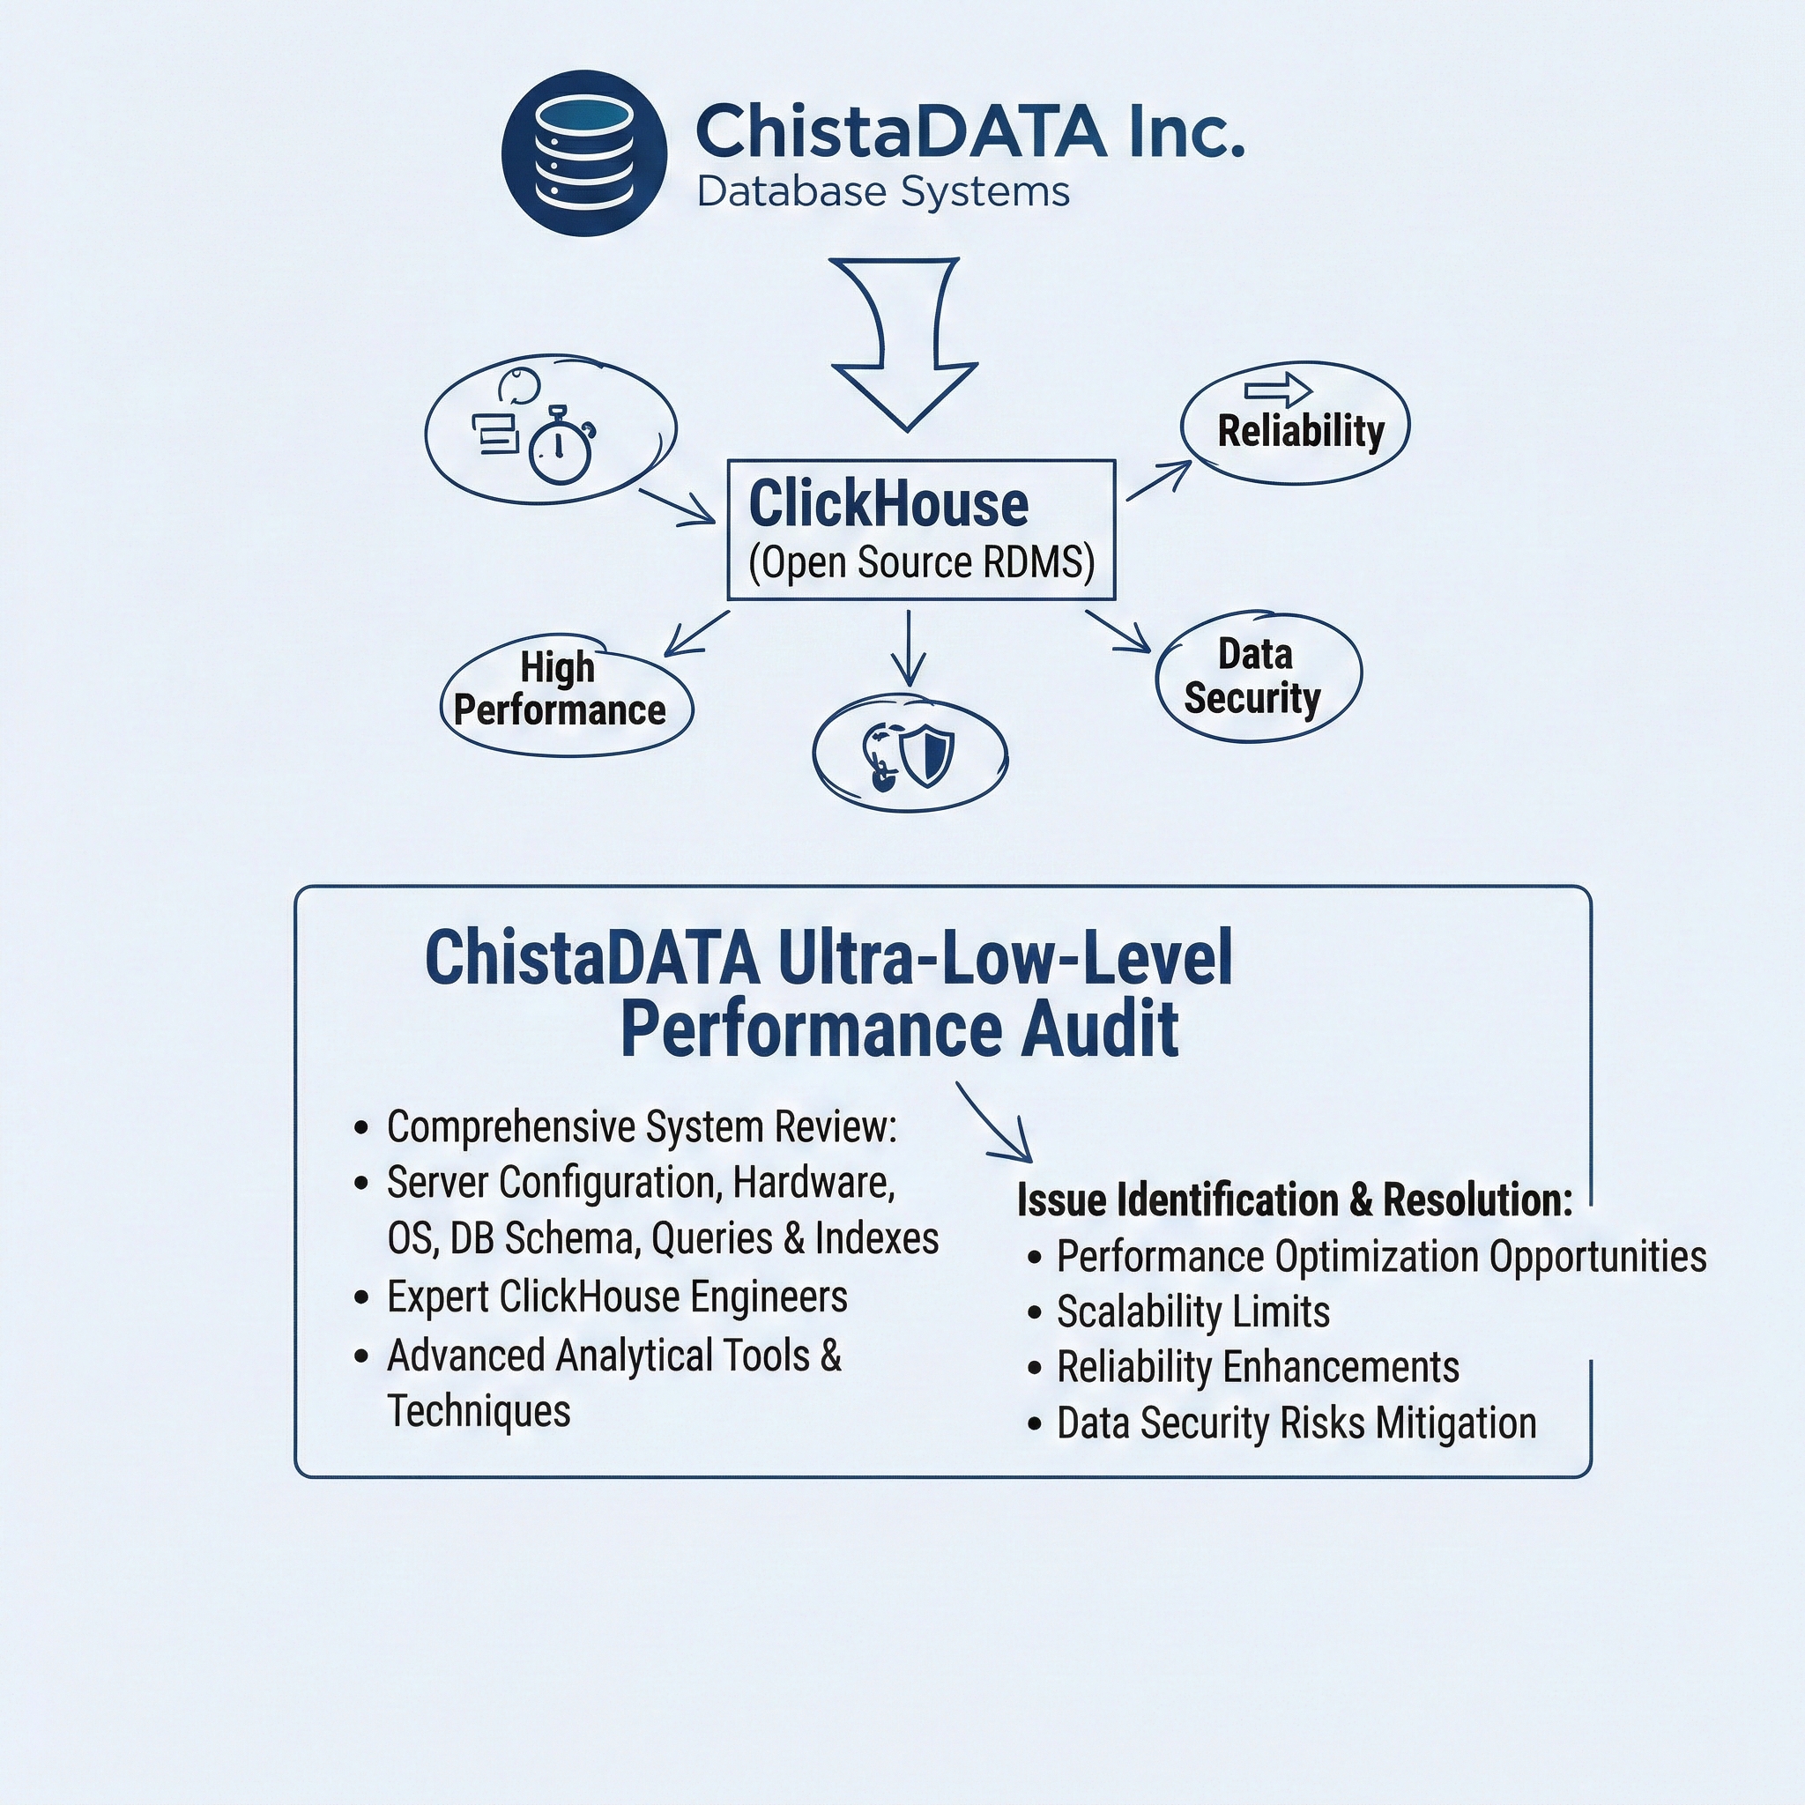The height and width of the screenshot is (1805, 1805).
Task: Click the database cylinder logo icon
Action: [x=584, y=152]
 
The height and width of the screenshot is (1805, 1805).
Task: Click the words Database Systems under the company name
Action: [x=882, y=192]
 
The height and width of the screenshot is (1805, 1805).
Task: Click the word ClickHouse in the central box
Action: [x=888, y=504]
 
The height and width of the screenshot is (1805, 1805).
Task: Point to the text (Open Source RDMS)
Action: [x=921, y=562]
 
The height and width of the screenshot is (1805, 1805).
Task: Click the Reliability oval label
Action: [x=1300, y=432]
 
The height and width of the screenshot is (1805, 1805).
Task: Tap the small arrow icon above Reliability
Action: [x=1277, y=389]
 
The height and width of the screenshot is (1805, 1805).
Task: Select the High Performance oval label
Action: [x=560, y=689]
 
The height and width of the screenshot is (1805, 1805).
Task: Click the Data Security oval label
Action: [x=1254, y=676]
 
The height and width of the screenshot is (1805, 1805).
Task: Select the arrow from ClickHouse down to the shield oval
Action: [x=908, y=649]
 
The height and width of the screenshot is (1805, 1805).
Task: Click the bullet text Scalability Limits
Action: [x=1192, y=1311]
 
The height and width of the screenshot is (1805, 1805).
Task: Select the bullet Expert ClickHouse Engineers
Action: [x=617, y=1296]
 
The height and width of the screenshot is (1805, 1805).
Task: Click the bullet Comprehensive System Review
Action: [x=641, y=1127]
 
